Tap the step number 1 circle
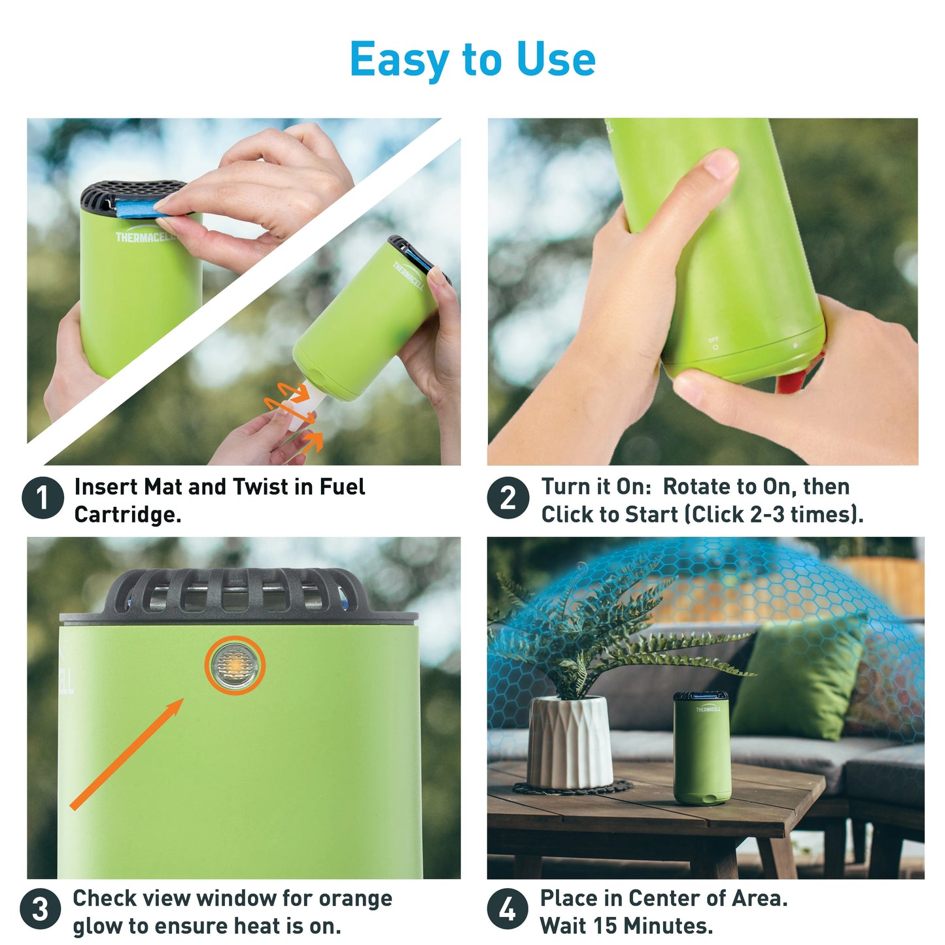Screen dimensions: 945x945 click(x=43, y=498)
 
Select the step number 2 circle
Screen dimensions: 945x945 click(x=508, y=498)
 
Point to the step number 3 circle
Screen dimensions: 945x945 click(x=41, y=909)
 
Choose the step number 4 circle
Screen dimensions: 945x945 click(x=508, y=909)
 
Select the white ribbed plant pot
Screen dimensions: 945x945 click(x=571, y=741)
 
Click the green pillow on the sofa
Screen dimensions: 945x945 click(x=799, y=678)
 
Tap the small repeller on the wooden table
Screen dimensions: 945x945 click(x=702, y=748)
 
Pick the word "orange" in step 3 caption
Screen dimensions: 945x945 click(x=356, y=899)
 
